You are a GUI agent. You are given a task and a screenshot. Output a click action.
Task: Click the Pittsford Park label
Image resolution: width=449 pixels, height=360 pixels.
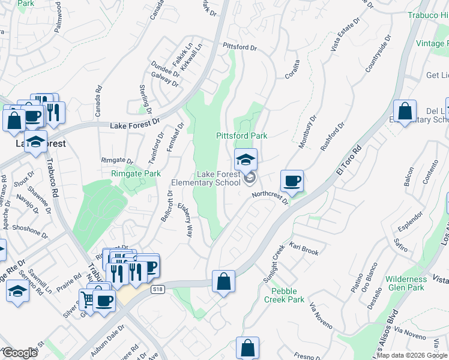click(x=241, y=136)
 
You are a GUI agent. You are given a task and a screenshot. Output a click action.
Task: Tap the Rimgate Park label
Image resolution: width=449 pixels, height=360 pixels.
click(x=136, y=173)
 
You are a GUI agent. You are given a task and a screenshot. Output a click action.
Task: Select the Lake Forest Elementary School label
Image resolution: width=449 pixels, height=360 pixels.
click(x=206, y=178)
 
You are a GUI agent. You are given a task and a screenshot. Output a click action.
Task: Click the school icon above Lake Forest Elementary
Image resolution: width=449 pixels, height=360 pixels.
click(x=246, y=160)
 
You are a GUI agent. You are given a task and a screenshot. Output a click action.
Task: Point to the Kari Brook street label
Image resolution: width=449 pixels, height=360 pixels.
click(x=304, y=249)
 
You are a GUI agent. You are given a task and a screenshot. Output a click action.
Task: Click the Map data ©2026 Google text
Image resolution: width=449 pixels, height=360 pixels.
click(x=412, y=355)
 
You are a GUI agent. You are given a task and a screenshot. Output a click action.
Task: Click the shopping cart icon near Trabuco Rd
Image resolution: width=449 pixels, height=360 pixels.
click(x=88, y=299)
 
